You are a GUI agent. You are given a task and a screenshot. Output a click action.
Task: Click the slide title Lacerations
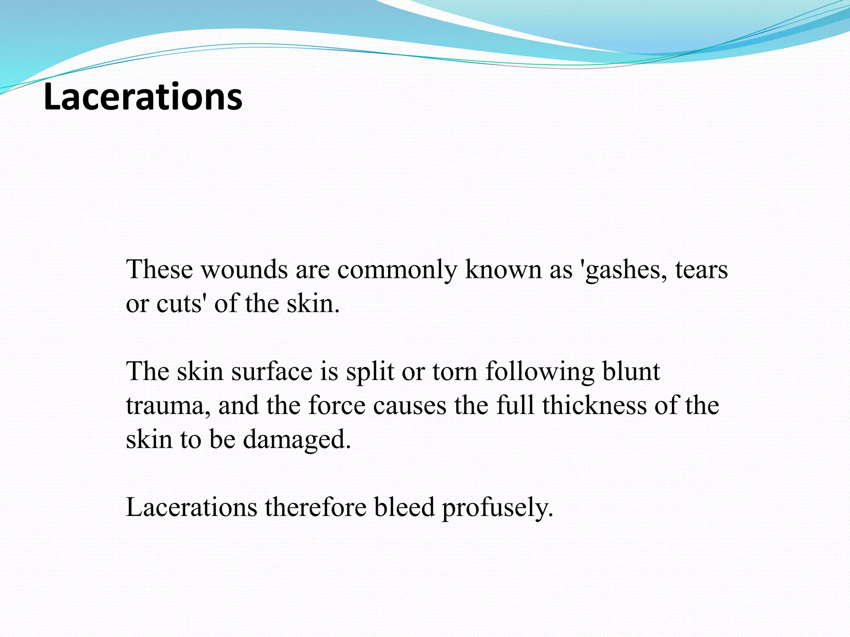click(143, 97)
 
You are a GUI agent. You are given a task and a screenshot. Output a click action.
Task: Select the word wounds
click(244, 270)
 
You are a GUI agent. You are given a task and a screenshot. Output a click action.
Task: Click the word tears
click(701, 270)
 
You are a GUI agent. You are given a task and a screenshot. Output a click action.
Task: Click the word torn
click(455, 371)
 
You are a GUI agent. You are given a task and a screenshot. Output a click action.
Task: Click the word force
click(337, 405)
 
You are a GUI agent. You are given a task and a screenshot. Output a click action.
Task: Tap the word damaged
click(297, 440)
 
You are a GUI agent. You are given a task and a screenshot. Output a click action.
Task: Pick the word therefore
click(315, 507)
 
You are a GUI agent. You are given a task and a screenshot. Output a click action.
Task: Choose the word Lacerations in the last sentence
click(191, 507)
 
